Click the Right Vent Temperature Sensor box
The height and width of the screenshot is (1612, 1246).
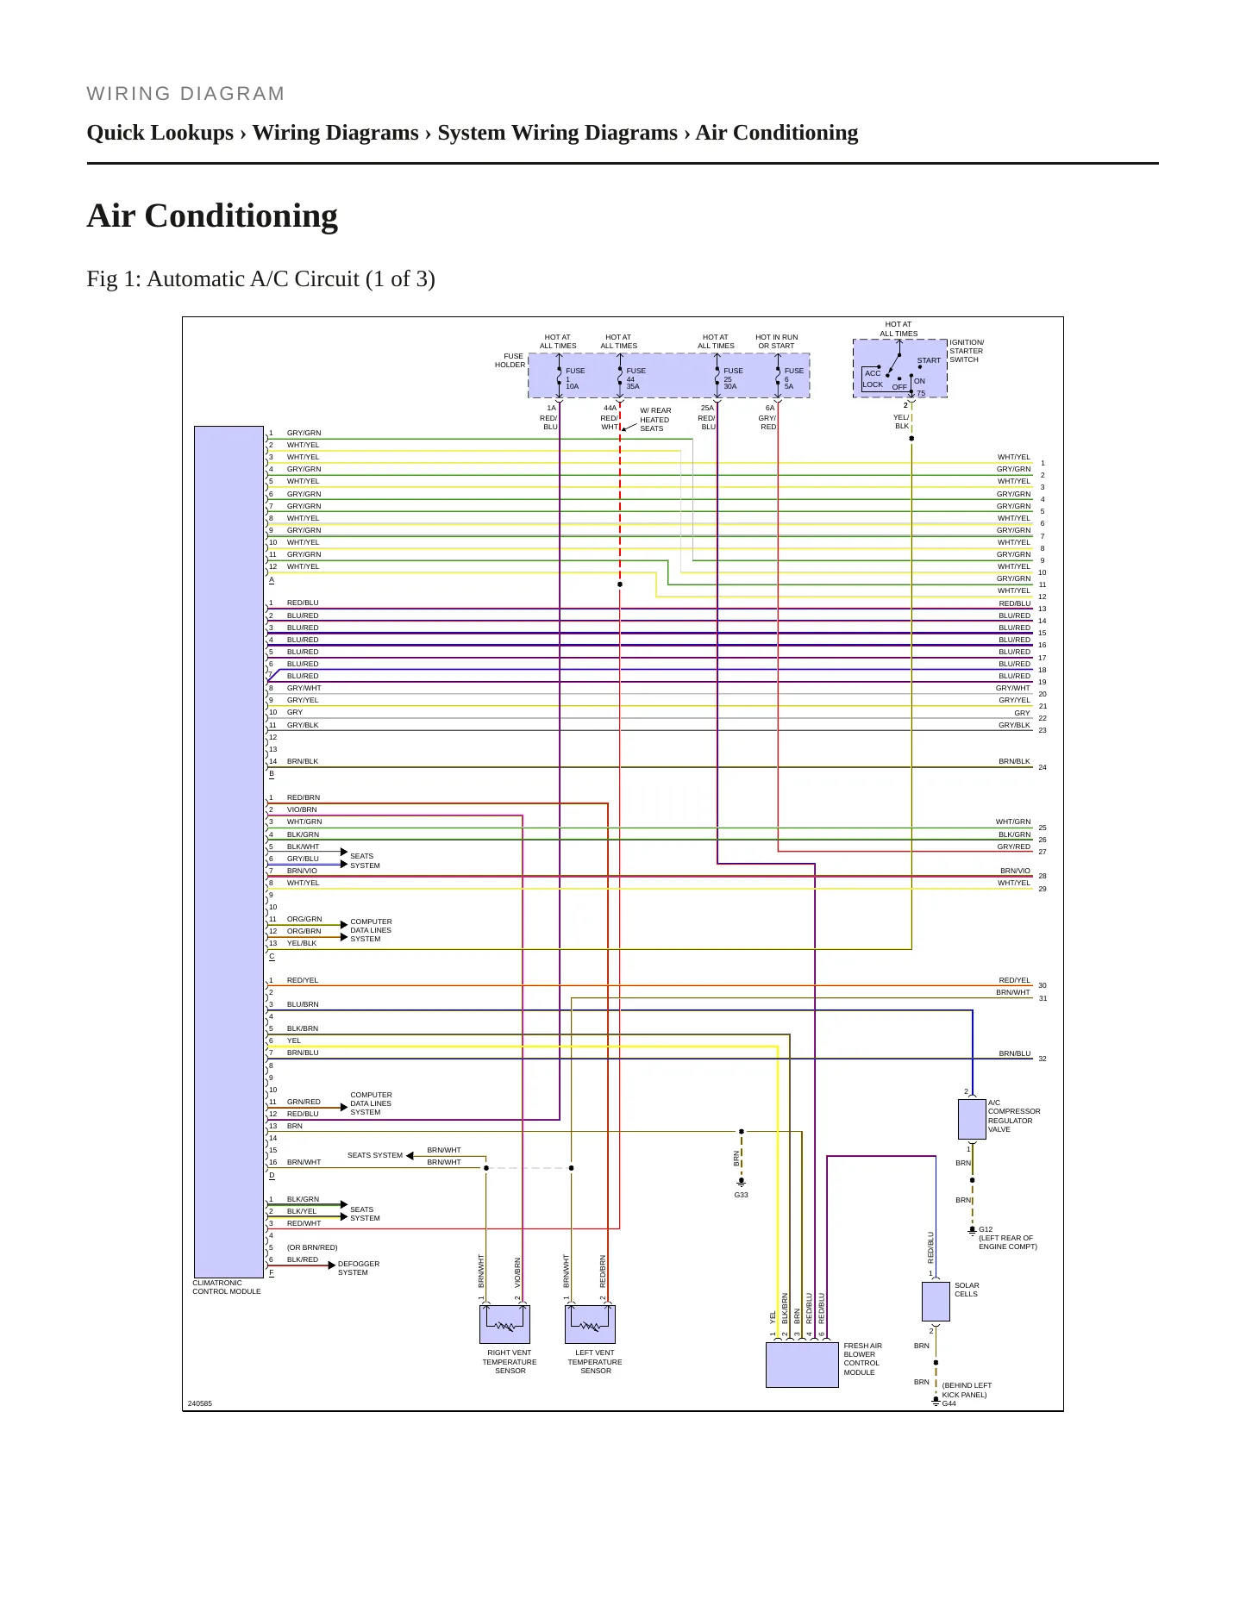504,1324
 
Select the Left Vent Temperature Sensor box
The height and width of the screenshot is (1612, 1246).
590,1324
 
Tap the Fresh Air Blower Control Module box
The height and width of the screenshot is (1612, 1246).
802,1365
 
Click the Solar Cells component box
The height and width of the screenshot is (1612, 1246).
936,1302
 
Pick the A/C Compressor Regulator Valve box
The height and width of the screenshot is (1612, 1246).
972,1119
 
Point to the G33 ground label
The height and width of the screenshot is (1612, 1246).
742,1195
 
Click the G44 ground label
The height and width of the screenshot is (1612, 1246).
949,1403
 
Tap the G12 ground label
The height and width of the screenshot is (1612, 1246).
986,1229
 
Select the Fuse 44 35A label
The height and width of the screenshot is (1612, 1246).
636,378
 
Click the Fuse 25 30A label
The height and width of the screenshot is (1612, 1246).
733,378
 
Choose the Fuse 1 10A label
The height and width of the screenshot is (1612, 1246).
575,378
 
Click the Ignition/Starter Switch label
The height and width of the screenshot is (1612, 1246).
967,351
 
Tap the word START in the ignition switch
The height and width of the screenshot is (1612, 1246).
929,360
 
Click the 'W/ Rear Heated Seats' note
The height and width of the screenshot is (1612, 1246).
655,420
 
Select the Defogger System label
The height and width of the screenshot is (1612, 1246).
359,1268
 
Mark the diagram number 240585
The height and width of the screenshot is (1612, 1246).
200,1403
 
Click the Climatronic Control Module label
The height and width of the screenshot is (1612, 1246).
226,1287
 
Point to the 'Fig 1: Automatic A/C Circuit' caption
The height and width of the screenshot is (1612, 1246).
260,278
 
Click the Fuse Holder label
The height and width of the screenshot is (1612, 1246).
510,360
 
